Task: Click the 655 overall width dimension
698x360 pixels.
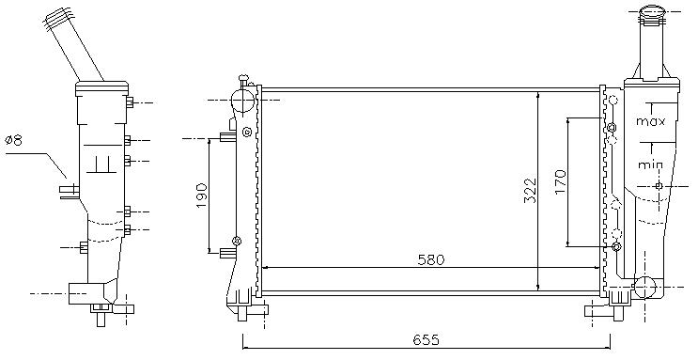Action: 426,340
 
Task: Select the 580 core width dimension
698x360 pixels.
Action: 431,259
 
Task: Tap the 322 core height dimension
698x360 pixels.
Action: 530,191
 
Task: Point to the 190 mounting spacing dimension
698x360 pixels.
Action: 201,196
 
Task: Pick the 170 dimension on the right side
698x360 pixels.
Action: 560,181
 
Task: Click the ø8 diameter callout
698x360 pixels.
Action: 14,141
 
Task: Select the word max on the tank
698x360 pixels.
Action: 650,121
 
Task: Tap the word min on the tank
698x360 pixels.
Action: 650,164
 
